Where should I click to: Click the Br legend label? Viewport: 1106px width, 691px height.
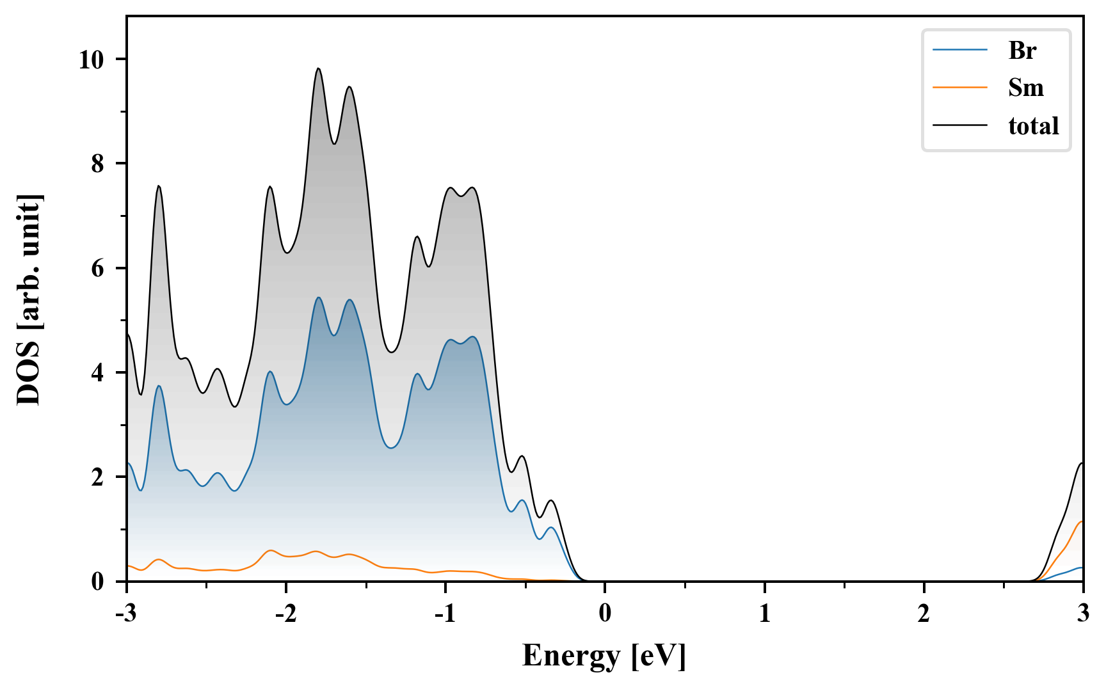pos(1022,51)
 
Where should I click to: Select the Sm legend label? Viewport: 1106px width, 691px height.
pos(1025,88)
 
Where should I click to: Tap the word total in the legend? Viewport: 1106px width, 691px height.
pos(1034,125)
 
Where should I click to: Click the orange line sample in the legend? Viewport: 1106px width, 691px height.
pos(960,88)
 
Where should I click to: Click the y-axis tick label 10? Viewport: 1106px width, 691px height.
pos(91,60)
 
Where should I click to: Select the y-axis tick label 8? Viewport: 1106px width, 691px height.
pos(97,164)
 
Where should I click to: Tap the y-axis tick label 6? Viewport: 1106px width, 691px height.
pos(97,268)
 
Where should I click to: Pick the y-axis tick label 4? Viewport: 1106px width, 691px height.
pos(97,373)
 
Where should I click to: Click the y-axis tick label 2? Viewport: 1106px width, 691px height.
pos(97,477)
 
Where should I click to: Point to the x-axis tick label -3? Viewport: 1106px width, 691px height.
pos(127,614)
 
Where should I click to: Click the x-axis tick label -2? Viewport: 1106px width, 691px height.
pos(285,614)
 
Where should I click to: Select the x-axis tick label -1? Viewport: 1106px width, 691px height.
pos(445,614)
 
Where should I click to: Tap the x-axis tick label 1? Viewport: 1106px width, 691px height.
pos(765,614)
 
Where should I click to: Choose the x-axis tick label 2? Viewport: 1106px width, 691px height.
pos(924,614)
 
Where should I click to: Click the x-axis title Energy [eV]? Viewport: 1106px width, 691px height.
pos(604,656)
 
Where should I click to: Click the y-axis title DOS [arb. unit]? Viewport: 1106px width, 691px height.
pos(29,299)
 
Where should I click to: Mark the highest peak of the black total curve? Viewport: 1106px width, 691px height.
pos(318,68)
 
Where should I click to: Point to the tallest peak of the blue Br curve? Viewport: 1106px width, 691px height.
pos(318,298)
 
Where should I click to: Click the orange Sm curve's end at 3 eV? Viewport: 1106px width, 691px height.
pos(1082,522)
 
